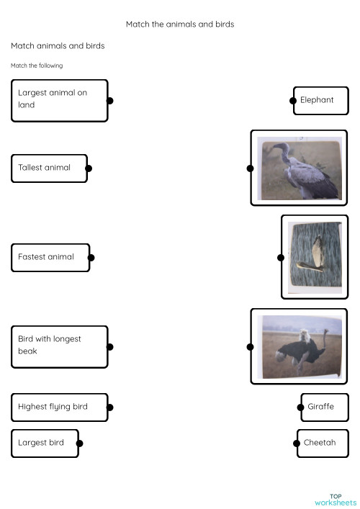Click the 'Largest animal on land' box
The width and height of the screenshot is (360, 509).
[59, 100]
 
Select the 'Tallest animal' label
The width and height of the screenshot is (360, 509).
[49, 168]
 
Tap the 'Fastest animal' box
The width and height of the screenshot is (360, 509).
[50, 257]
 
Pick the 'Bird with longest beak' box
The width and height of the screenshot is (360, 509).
[59, 346]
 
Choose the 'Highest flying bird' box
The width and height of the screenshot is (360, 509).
[59, 407]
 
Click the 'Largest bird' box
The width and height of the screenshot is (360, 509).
[44, 443]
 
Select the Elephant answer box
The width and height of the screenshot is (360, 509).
[321, 100]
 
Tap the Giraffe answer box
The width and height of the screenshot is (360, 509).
[324, 407]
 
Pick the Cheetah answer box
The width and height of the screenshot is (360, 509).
[323, 443]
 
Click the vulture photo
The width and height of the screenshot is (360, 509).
[299, 168]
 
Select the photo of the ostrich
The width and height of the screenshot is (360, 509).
[299, 346]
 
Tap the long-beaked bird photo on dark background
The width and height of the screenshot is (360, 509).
[314, 257]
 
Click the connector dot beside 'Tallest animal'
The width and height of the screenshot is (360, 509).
[89, 168]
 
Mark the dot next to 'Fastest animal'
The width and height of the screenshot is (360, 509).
[91, 257]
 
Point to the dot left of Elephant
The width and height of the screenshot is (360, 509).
[293, 101]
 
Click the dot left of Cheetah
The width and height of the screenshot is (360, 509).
[297, 443]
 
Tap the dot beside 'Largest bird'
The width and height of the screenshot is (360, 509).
[79, 443]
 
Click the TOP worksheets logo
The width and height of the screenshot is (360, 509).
[335, 499]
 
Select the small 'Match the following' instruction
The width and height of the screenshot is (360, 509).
[37, 66]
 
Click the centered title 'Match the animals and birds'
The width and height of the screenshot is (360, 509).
[180, 24]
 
